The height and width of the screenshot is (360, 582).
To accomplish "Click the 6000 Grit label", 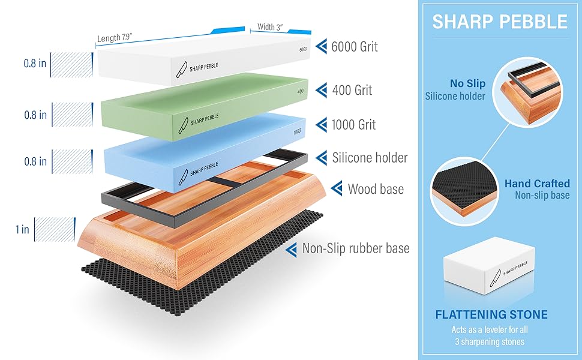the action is click(355, 47).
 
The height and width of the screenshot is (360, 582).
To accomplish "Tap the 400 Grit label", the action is click(352, 90).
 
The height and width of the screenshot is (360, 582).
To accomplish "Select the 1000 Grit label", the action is click(353, 125).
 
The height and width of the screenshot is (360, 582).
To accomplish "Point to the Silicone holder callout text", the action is click(370, 158).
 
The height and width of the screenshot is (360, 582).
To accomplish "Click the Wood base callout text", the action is click(376, 190).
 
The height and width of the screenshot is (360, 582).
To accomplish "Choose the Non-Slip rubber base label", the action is click(356, 248).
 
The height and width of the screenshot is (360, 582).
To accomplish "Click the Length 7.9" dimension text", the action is click(115, 38).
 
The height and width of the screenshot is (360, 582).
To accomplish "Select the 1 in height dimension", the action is click(23, 229).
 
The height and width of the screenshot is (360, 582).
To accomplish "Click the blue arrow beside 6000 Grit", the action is click(322, 47).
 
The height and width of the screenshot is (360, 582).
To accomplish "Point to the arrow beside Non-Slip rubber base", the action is click(292, 249).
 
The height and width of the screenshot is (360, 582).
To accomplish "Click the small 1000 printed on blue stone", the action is click(296, 131).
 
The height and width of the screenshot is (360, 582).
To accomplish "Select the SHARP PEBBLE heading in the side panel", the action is click(500, 22).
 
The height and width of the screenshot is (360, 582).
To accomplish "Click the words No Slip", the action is click(467, 84).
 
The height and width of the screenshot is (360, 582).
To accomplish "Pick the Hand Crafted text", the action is click(537, 184).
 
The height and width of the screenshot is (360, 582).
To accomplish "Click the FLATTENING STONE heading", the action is click(491, 314).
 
